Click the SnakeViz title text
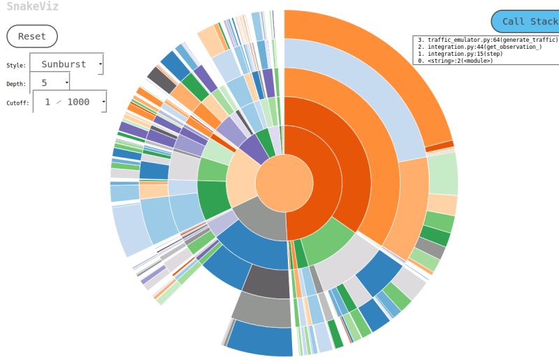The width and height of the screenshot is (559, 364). coord(33,7)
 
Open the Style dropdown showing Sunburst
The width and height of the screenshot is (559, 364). coord(66,64)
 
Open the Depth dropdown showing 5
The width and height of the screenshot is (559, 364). coord(50,83)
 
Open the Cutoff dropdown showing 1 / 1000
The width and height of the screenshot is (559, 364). coord(70,102)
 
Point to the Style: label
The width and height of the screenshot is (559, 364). coord(16,66)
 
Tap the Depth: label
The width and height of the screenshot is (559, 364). coord(17,84)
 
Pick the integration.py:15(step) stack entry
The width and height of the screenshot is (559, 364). coord(454,54)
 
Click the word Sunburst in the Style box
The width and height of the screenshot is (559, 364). coord(64,64)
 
